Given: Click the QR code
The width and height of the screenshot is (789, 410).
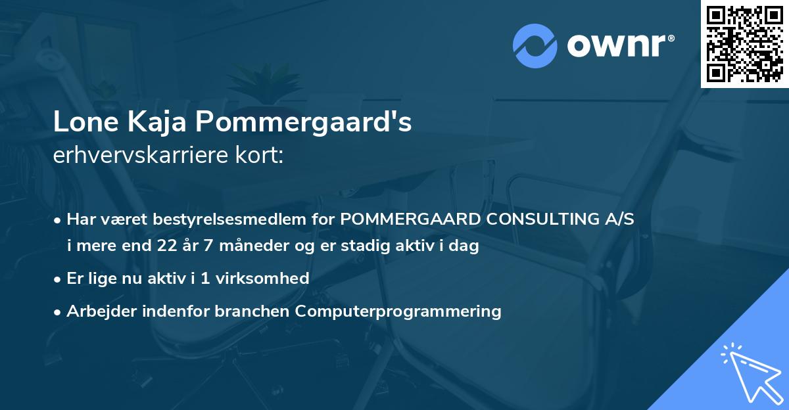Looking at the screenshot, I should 745,43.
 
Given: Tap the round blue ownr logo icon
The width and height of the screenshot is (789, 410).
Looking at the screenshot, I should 535,45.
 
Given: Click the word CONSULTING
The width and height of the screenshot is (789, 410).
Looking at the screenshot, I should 535,219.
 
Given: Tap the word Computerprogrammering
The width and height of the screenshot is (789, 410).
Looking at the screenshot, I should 398,311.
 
